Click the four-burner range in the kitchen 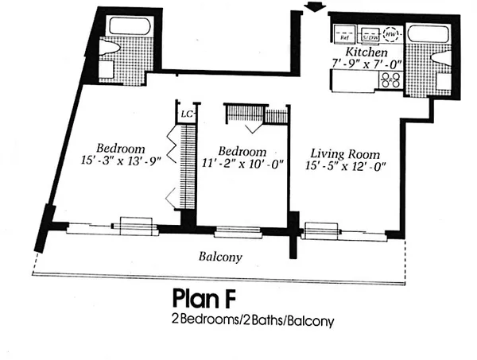(390, 79)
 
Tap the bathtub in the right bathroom (428, 36)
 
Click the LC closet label (188, 114)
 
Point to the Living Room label (344, 153)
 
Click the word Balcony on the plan (220, 257)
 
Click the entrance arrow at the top (316, 7)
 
